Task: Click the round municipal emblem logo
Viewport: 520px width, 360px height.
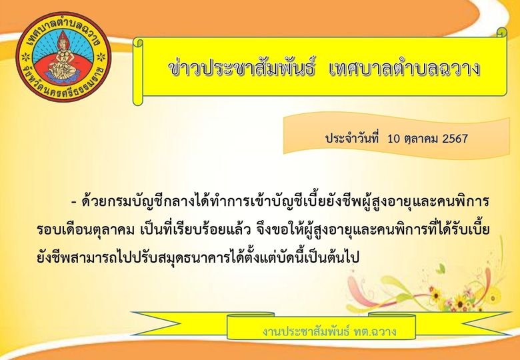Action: [63, 57]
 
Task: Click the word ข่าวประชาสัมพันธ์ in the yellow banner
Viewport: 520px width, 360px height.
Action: [241, 69]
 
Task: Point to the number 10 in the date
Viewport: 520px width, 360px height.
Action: [394, 139]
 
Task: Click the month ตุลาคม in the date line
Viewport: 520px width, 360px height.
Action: [422, 139]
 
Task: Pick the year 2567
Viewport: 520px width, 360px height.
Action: [455, 139]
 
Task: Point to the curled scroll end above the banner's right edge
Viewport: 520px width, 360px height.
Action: [502, 33]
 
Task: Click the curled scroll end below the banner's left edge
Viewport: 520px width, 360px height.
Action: [138, 99]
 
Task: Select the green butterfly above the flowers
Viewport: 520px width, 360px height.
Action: [441, 269]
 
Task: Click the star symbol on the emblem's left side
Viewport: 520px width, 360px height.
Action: [25, 57]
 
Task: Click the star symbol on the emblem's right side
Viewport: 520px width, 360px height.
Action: [101, 57]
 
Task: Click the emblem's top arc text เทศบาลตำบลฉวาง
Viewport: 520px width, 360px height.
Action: [63, 27]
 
